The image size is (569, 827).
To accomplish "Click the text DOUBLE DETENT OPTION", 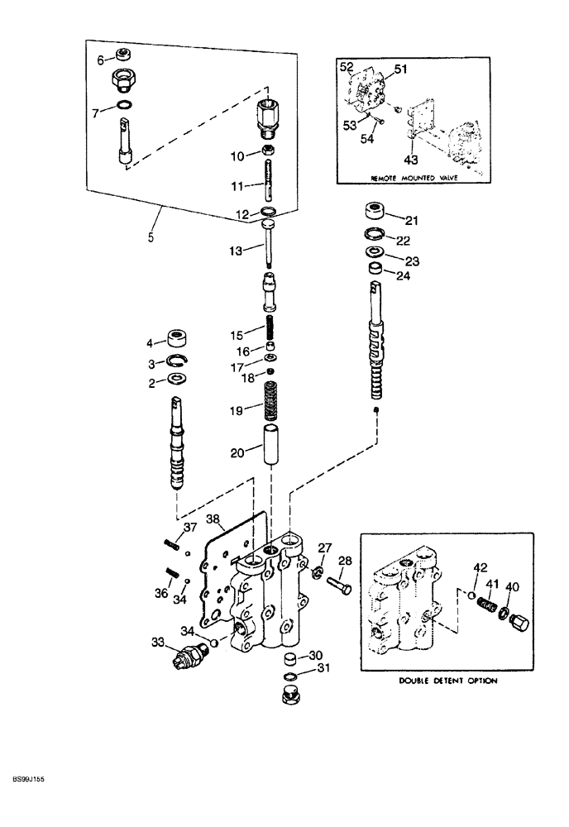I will pos(449,681).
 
